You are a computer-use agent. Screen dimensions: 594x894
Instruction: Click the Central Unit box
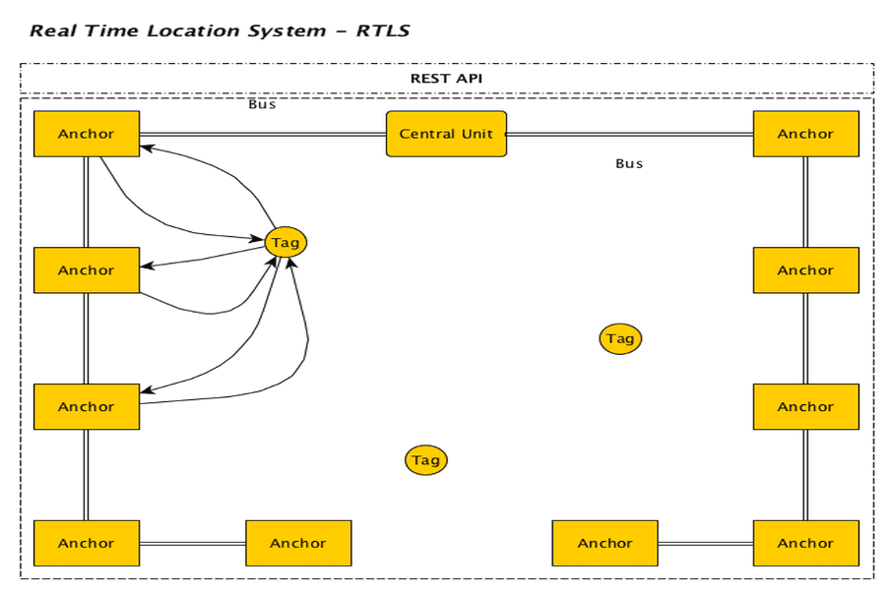tap(446, 134)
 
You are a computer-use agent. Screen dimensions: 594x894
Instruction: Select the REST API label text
tap(446, 79)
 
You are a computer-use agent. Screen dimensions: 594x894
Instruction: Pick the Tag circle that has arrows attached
tap(286, 242)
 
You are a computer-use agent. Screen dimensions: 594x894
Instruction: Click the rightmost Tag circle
tap(620, 338)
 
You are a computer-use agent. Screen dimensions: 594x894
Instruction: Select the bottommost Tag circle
tap(425, 459)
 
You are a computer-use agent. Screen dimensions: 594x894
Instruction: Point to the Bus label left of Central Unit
tap(262, 104)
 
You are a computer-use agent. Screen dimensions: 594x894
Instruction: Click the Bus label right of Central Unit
tap(629, 163)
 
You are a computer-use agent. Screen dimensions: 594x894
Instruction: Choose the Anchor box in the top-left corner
tap(87, 134)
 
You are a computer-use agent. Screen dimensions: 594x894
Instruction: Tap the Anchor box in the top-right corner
tap(805, 134)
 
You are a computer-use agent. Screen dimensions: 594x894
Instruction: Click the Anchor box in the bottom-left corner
tap(87, 543)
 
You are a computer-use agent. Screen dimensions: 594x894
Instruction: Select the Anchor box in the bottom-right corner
tap(805, 543)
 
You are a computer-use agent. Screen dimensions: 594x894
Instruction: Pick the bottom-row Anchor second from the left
tap(298, 543)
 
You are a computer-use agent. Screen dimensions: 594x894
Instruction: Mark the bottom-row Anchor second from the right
tap(605, 543)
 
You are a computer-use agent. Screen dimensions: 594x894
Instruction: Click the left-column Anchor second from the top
tap(87, 270)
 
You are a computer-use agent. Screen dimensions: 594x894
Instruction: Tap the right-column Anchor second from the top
tap(805, 270)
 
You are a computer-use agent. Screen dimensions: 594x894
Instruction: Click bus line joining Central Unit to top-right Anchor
tap(630, 134)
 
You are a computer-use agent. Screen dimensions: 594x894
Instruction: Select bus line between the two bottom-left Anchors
tap(192, 543)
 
